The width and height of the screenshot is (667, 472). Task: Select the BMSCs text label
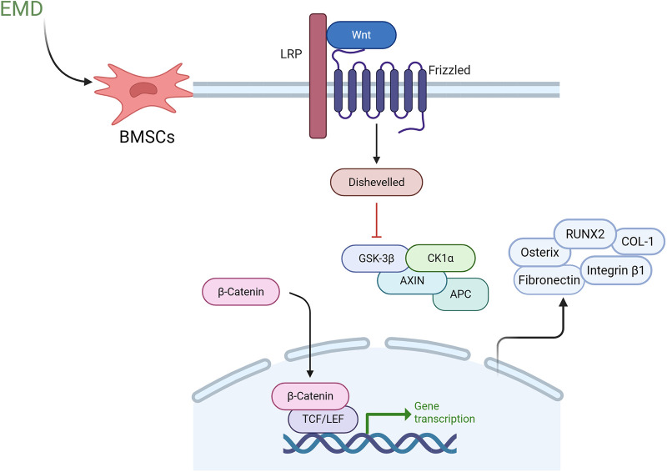click(147, 137)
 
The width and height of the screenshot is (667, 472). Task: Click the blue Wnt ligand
click(360, 35)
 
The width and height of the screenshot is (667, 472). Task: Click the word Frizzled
click(449, 71)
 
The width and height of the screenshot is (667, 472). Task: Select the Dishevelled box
click(376, 181)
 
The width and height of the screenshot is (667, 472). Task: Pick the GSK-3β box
click(370, 258)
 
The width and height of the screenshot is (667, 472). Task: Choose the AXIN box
click(410, 281)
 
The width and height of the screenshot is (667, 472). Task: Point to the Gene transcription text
click(444, 412)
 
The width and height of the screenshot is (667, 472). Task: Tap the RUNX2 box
click(586, 233)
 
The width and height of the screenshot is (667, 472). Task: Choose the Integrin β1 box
click(618, 271)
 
